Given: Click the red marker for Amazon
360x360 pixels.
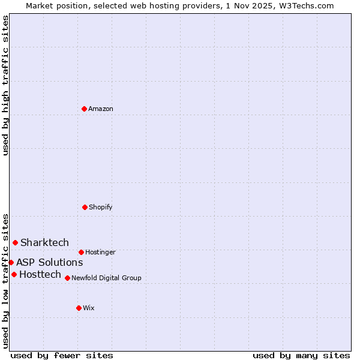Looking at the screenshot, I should [x=84, y=109].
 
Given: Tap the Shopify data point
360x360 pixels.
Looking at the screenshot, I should [x=85, y=207].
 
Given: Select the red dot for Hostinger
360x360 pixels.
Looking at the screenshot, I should [x=81, y=252].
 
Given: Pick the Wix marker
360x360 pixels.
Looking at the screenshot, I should [x=79, y=308].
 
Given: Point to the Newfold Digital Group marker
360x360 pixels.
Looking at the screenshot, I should [x=67, y=278].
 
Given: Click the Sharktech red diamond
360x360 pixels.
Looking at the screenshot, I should [x=16, y=242].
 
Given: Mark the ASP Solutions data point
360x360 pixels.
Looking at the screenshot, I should [x=11, y=262].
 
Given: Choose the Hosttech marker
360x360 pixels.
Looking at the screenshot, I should [x=14, y=274].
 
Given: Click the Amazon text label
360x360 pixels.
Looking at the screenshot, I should [x=101, y=109].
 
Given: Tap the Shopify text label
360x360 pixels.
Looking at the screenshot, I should [x=101, y=207].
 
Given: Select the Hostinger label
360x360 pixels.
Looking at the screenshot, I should [x=100, y=252].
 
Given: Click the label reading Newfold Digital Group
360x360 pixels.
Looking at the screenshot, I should [x=106, y=278].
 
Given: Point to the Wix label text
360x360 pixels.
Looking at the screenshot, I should [x=89, y=308].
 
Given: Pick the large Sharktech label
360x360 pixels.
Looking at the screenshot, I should [x=44, y=242].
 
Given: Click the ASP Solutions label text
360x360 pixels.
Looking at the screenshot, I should [x=49, y=262].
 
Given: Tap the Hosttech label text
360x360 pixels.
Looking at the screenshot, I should [x=40, y=274].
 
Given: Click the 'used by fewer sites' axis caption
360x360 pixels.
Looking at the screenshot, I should [x=62, y=355].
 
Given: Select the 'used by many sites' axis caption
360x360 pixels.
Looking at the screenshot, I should [x=301, y=355].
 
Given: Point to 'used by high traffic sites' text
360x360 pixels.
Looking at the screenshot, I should [x=5, y=85].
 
